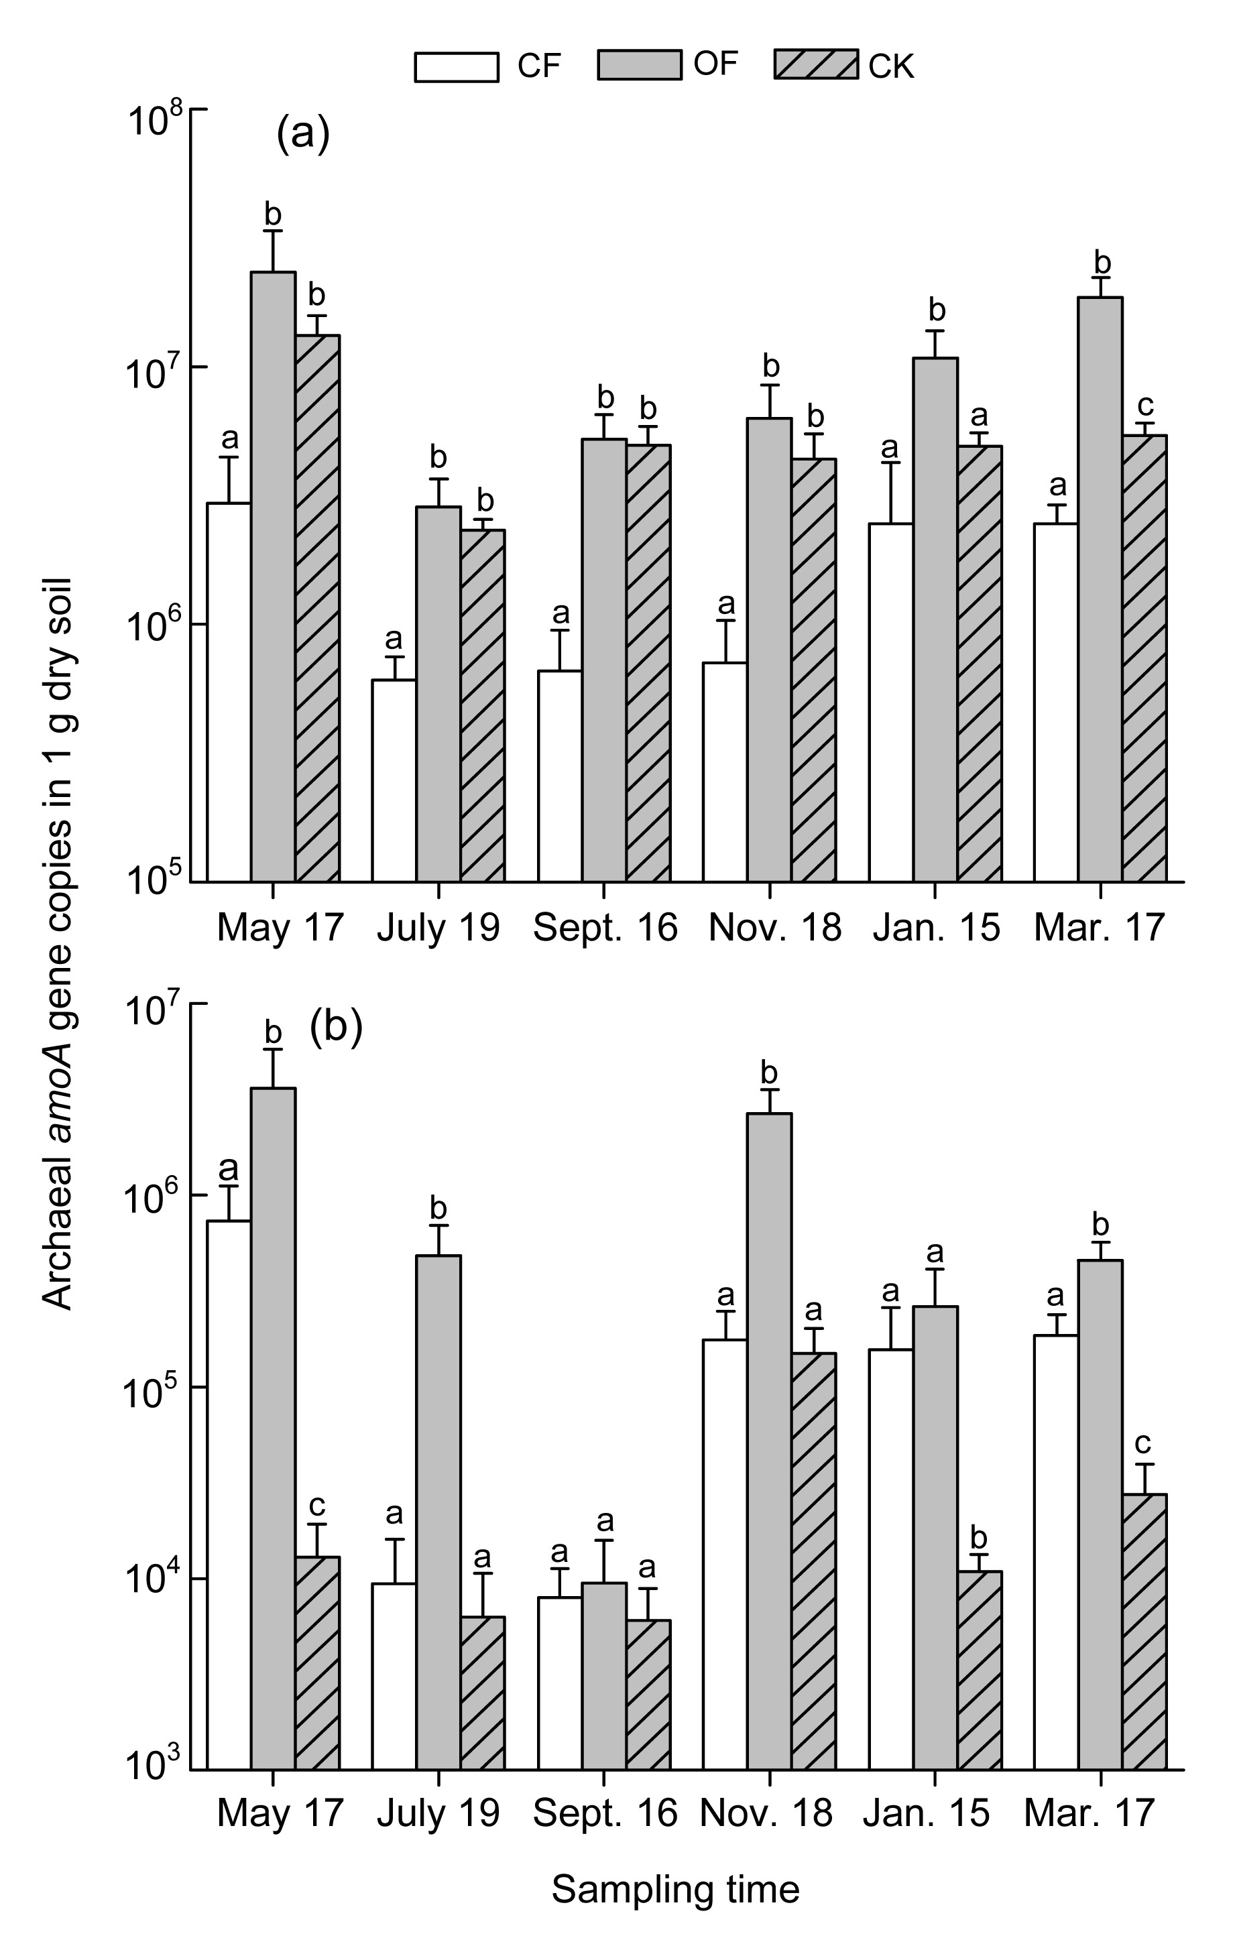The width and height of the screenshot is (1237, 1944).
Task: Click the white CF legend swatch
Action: [x=456, y=67]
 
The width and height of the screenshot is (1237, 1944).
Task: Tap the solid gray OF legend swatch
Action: [x=639, y=64]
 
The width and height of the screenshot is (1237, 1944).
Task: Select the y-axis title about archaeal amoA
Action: [x=58, y=945]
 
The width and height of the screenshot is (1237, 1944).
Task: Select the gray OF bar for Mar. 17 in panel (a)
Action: [x=1100, y=589]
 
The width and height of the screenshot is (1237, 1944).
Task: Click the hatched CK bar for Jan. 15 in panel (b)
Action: [x=980, y=1671]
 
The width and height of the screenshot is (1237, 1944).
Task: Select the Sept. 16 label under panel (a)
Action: [x=605, y=928]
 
